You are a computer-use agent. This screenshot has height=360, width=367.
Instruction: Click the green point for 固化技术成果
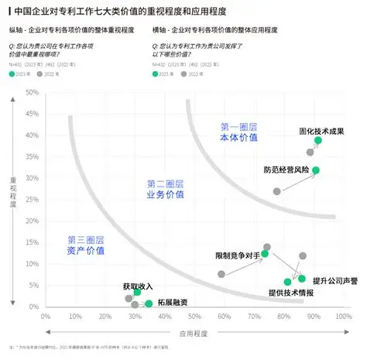318,141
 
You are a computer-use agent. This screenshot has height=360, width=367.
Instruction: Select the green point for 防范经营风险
315,170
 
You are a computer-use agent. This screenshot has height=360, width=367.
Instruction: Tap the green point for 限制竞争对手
265,253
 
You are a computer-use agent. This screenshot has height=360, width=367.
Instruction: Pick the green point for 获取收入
137,292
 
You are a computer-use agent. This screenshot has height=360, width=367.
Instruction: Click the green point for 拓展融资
149,304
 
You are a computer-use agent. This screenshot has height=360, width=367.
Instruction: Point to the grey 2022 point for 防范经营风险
277,191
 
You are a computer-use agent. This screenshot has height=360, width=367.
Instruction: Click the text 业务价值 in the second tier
166,194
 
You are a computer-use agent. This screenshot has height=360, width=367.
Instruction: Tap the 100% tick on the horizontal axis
341,316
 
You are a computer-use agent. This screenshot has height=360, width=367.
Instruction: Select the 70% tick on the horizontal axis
252,316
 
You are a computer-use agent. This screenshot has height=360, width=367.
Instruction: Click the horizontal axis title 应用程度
194,333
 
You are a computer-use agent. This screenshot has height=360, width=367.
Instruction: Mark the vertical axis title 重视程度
13,197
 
